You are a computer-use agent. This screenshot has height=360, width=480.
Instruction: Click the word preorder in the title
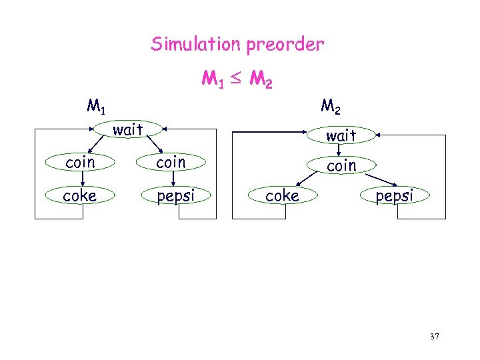tap(285, 45)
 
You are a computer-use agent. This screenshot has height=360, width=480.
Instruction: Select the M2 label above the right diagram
tap(332, 106)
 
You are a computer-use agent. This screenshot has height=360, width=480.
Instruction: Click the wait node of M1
tap(128, 129)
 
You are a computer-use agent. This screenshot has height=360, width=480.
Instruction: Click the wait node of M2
tap(341, 135)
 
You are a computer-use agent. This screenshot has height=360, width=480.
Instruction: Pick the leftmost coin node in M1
tap(80, 162)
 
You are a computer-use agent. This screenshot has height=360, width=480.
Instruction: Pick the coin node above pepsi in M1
tap(171, 162)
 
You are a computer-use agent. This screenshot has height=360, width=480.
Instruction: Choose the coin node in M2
tap(341, 165)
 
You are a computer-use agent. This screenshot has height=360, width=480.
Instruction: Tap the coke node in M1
tap(80, 195)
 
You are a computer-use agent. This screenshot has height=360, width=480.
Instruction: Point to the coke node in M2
tap(282, 195)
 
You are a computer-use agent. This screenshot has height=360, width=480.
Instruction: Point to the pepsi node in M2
tap(394, 195)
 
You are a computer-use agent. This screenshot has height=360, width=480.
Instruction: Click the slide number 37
tap(435, 337)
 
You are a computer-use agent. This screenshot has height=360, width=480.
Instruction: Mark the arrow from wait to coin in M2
tap(340, 150)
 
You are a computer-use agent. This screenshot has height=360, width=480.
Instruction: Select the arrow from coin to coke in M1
tap(81, 179)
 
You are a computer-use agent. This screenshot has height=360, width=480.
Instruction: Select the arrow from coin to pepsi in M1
tap(172, 179)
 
